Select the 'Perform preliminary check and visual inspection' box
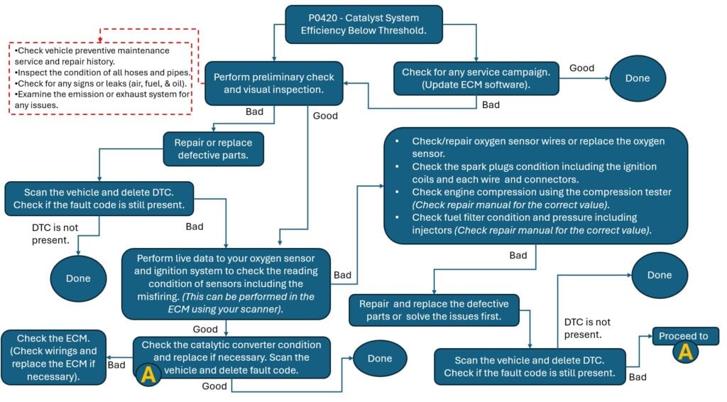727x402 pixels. (274, 83)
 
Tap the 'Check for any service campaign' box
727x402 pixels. (476, 78)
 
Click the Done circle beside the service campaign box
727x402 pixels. (637, 78)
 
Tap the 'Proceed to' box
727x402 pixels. (684, 336)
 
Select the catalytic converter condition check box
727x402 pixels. (231, 357)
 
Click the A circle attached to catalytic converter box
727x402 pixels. (148, 375)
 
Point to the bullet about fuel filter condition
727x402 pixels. (532, 223)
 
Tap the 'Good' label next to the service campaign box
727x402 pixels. (581, 67)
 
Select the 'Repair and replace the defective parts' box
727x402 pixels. (434, 310)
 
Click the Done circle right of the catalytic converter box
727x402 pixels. (380, 359)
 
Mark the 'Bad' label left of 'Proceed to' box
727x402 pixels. (638, 377)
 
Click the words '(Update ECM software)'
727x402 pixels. (476, 85)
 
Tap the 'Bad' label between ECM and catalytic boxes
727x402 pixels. (116, 364)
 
